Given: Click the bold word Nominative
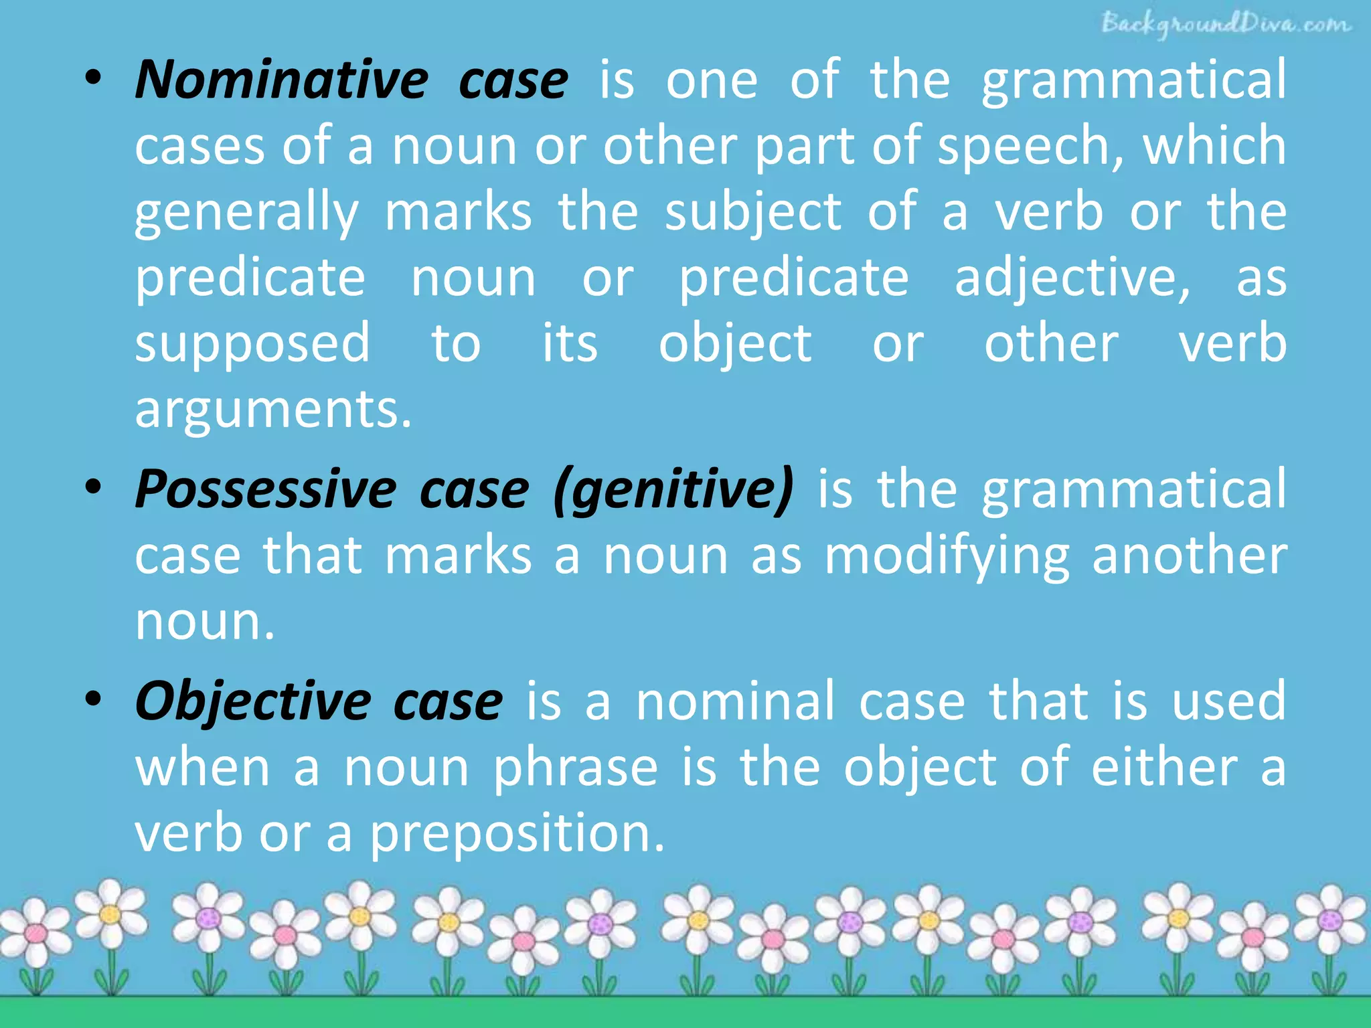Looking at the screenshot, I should pos(281,80).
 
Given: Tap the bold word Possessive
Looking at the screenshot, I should pos(266,490).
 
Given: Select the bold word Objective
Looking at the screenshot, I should pos(253,701).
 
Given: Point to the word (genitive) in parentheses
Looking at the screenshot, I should pos(673,490).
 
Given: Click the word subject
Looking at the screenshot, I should pos(752,213).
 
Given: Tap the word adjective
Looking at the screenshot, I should pos(1072,278).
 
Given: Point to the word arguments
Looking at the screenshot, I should pos(272,410).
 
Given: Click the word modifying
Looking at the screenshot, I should pos(947,557).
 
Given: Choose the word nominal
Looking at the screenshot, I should pos(735,701).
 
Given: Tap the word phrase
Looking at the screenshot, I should pos(576,768).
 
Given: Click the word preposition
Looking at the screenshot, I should pos(517,834).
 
